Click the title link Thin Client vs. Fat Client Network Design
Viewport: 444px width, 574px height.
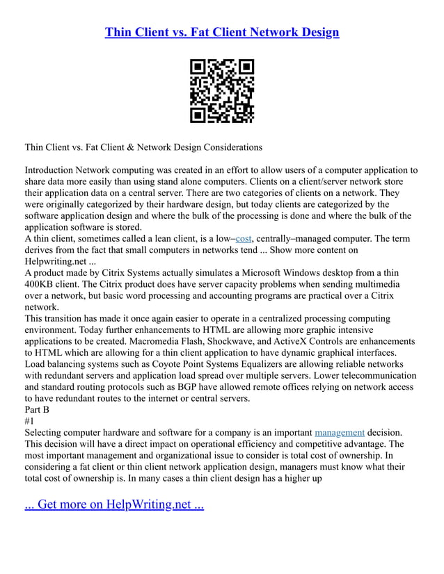pyautogui.click(x=222, y=32)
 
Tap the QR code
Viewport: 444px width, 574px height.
pyautogui.click(x=222, y=91)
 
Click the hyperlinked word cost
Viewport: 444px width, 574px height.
pyautogui.click(x=244, y=238)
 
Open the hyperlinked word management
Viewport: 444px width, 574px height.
pyautogui.click(x=340, y=432)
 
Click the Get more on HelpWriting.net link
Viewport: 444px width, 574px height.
pyautogui.click(x=114, y=505)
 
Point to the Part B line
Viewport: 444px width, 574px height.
pyautogui.click(x=37, y=409)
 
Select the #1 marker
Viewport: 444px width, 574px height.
pyautogui.click(x=30, y=421)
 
